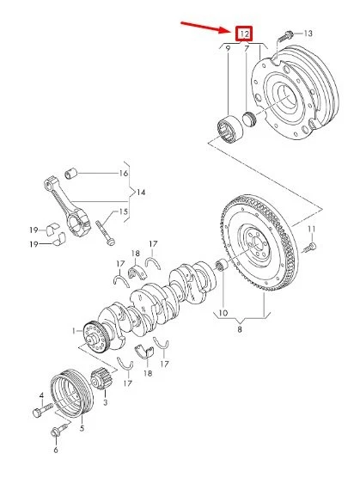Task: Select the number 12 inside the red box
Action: pyautogui.click(x=244, y=34)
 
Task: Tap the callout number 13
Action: pyautogui.click(x=308, y=33)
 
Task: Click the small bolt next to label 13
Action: pyautogui.click(x=288, y=34)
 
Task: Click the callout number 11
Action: pyautogui.click(x=312, y=229)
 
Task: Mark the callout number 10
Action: pyautogui.click(x=223, y=312)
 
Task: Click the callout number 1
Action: pyautogui.click(x=75, y=330)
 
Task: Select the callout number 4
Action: pyautogui.click(x=40, y=396)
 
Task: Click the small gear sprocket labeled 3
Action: pyautogui.click(x=98, y=377)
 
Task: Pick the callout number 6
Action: pyautogui.click(x=57, y=450)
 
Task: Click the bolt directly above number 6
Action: pyautogui.click(x=58, y=429)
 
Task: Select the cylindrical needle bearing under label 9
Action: pyautogui.click(x=229, y=130)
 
